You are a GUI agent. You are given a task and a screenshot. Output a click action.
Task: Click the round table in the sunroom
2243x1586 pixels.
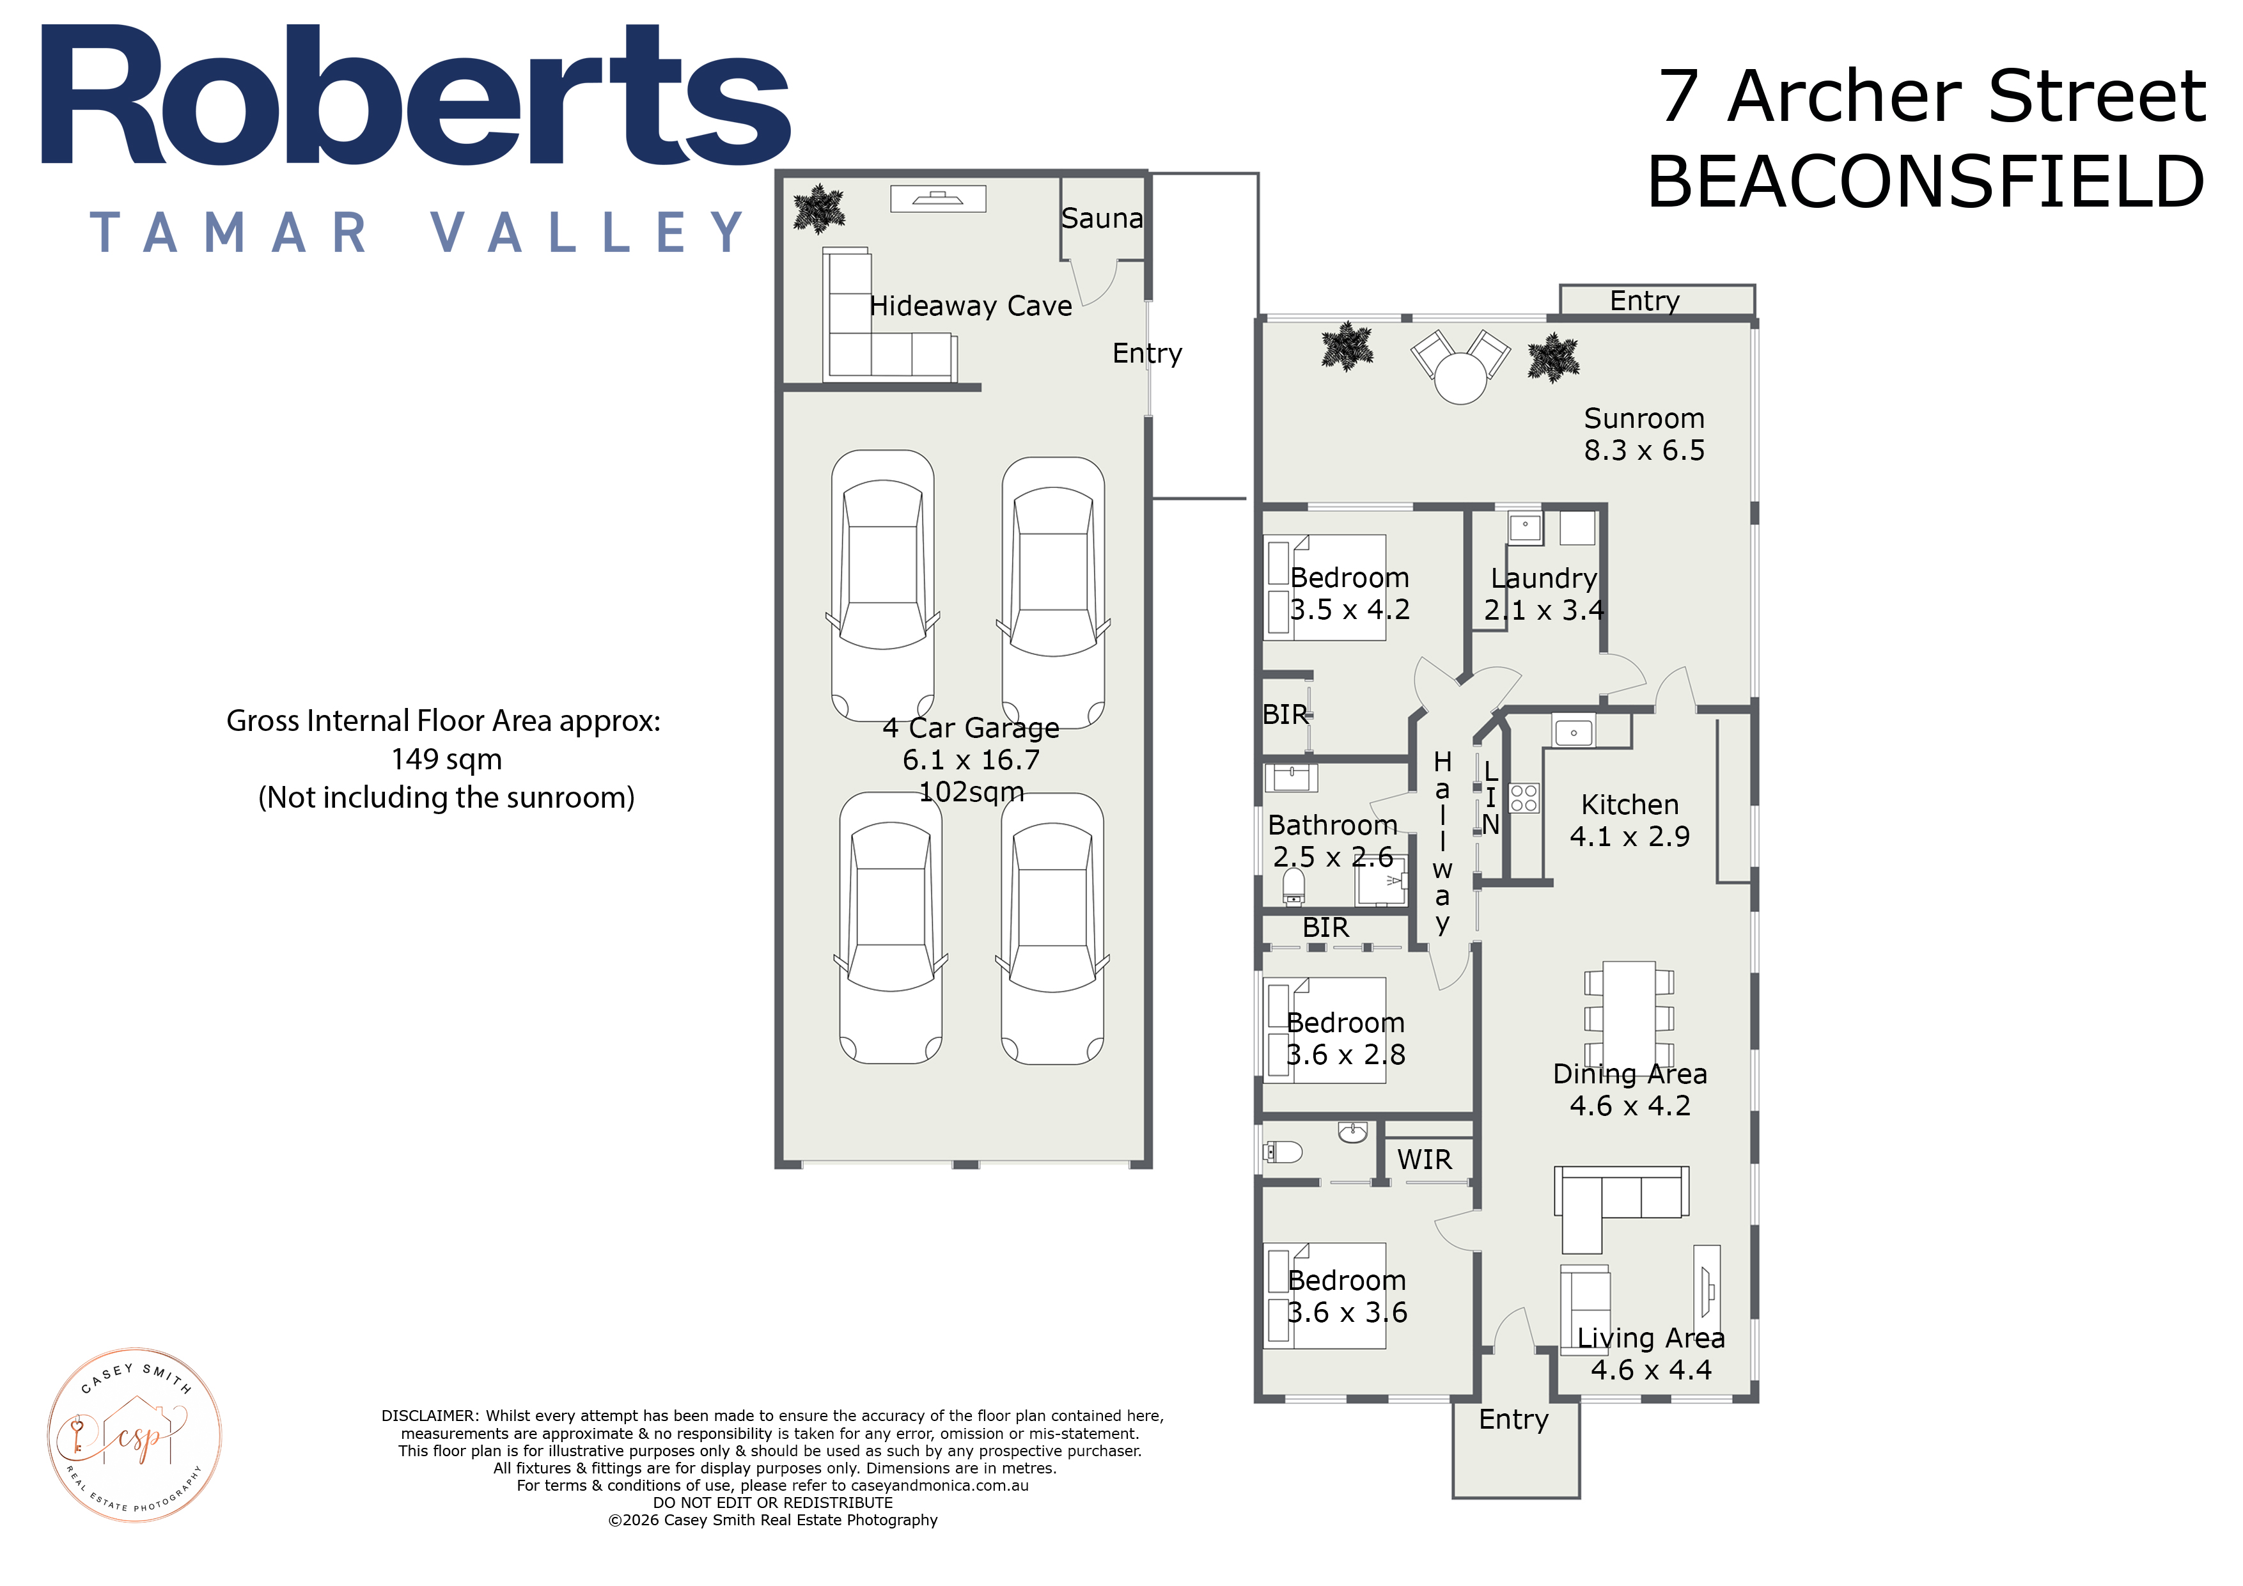pos(1460,378)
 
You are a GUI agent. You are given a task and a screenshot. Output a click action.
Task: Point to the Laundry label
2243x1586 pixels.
pos(1544,579)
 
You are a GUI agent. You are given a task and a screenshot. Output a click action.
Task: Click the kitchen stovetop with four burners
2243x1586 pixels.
pos(1524,797)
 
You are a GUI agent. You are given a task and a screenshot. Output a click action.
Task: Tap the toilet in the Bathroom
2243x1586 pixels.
pos(1293,886)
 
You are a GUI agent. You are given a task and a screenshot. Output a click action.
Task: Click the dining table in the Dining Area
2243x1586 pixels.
pos(1629,1016)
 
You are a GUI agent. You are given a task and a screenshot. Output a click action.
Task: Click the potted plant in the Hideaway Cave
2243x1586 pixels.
pos(818,209)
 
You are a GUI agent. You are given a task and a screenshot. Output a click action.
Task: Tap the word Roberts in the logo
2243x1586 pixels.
pos(415,96)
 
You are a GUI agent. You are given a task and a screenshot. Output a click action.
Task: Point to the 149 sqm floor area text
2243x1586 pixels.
pos(446,759)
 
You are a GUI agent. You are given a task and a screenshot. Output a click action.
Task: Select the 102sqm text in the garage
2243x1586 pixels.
pos(971,792)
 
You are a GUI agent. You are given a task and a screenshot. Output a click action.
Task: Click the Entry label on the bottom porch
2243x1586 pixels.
pos(1513,1419)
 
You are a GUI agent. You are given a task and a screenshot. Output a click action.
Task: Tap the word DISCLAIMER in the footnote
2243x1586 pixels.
pos(429,1415)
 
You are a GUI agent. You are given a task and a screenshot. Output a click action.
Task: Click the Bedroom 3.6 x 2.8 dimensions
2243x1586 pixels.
pos(1345,1055)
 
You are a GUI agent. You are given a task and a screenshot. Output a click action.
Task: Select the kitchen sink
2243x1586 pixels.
pos(1573,732)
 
